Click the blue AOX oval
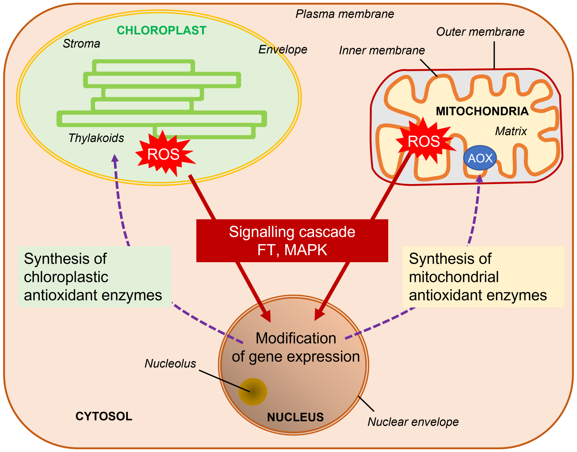coord(480,158)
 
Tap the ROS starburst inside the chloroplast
coord(164,154)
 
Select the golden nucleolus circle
coord(253,391)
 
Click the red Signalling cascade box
coord(292,241)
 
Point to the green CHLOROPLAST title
coord(161,30)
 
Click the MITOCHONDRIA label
coord(482,111)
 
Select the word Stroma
coord(81,44)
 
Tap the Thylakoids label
coord(96,138)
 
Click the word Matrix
coord(511,131)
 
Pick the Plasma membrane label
coord(344,14)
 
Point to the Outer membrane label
coord(480,32)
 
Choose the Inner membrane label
coord(382,50)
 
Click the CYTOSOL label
coord(104,416)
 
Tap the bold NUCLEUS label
coord(295,417)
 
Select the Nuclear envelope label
coord(413,422)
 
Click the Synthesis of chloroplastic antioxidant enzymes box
coord(95,277)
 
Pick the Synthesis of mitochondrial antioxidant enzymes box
coord(483,277)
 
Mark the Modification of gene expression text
coord(296,347)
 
